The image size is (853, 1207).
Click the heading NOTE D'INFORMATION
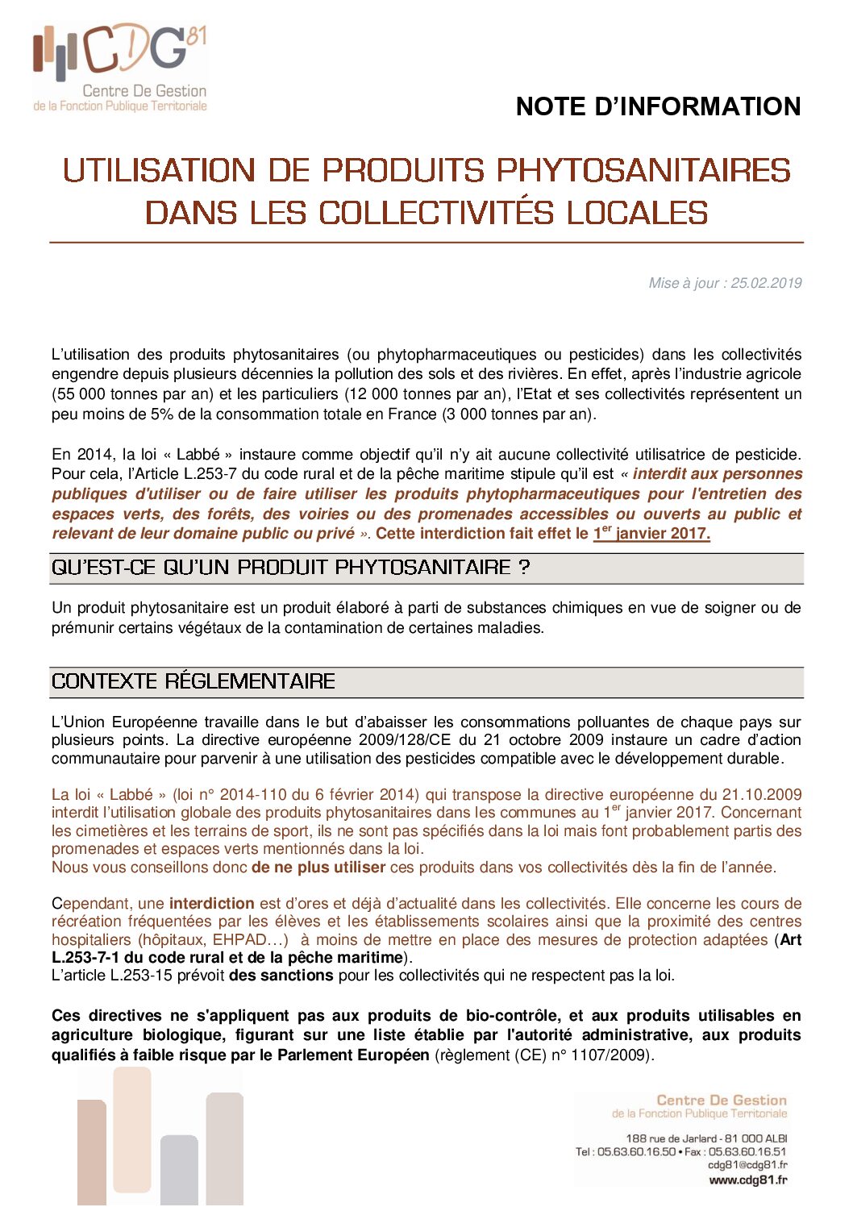[658, 106]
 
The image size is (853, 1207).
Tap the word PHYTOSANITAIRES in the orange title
[643, 171]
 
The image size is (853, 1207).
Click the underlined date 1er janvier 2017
[651, 534]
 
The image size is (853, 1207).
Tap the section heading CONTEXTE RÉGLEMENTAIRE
[193, 681]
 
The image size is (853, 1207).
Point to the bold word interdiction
[211, 904]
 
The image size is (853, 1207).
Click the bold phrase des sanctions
[281, 976]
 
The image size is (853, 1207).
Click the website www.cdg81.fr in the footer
[747, 1180]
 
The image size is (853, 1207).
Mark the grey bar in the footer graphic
[179, 1169]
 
